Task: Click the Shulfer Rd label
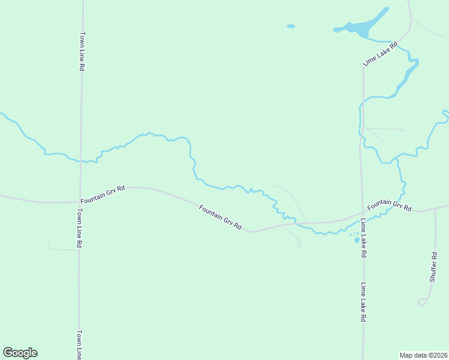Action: [x=433, y=267]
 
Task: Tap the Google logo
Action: [x=20, y=353]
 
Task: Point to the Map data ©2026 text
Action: [x=424, y=355]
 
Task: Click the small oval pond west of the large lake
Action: [x=291, y=26]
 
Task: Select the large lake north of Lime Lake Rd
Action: [x=363, y=27]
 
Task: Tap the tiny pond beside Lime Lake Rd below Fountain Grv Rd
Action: [x=357, y=240]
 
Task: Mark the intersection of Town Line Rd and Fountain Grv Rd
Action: [x=80, y=202]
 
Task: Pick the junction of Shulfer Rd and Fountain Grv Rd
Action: [x=435, y=209]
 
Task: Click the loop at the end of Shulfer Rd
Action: [x=423, y=302]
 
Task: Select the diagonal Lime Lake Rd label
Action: [x=381, y=54]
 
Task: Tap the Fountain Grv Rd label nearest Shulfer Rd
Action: [x=390, y=205]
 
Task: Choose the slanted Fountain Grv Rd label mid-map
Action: [x=220, y=218]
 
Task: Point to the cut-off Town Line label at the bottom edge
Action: [x=79, y=344]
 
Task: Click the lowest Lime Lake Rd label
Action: [x=363, y=303]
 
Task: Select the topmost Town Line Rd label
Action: [x=82, y=52]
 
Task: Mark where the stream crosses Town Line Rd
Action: [x=80, y=161]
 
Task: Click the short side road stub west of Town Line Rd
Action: [x=62, y=248]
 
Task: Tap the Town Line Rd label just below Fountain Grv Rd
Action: [x=79, y=229]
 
